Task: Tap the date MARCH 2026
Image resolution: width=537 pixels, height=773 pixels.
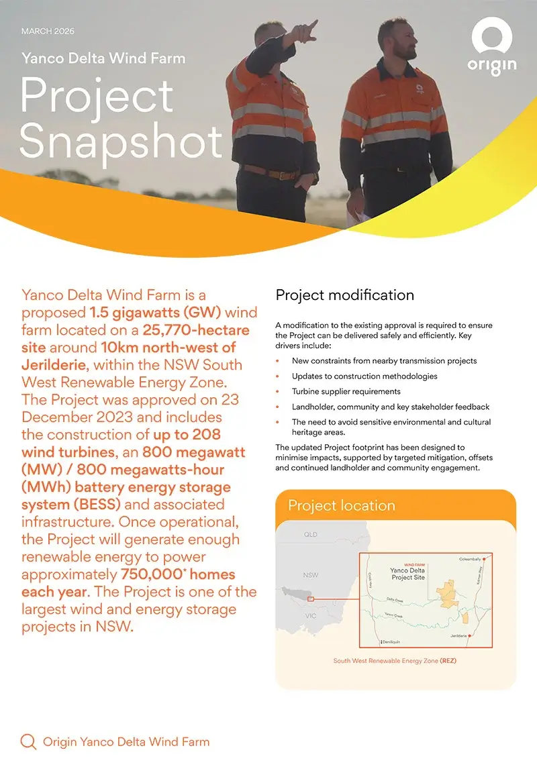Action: point(48,31)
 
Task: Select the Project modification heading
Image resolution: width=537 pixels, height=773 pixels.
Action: point(345,295)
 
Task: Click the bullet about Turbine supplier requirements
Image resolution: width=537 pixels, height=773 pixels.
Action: point(346,391)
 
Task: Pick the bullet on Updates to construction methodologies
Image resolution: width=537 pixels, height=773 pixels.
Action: point(364,376)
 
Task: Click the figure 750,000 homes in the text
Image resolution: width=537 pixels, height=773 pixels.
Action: point(178,574)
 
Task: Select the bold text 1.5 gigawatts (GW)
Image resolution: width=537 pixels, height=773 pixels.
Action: point(164,313)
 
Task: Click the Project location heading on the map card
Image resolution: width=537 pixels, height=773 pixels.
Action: point(341,505)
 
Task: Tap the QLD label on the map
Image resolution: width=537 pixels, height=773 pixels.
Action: point(311,535)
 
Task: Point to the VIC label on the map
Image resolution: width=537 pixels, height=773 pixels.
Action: point(311,615)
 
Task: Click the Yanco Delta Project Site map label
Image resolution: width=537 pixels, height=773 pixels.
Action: point(407,574)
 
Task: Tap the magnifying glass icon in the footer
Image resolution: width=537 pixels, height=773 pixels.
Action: point(28,741)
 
